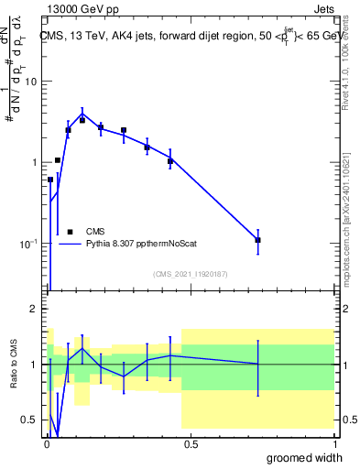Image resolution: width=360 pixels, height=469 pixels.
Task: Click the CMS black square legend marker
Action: pos(70,232)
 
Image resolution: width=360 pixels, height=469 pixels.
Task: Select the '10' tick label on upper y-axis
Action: pos(31,82)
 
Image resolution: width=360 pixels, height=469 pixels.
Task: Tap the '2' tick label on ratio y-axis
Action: pos(35,309)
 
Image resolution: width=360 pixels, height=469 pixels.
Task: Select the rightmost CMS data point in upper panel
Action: pos(258,240)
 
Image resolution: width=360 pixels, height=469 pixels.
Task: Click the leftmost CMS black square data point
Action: pos(50,180)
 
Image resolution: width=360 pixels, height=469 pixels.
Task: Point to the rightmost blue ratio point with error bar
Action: pos(258,365)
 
